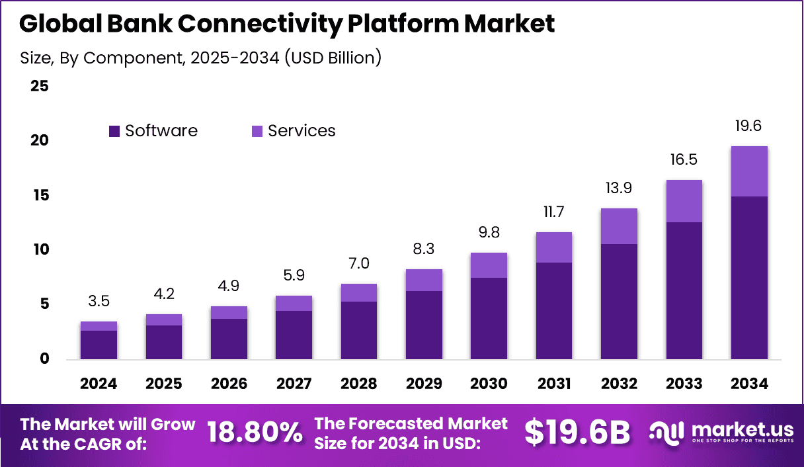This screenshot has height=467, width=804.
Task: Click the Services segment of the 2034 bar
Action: [749, 171]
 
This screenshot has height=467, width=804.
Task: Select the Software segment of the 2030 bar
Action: [489, 318]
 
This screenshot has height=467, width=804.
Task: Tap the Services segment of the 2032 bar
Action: [619, 226]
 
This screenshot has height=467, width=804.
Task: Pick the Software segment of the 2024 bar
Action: [99, 345]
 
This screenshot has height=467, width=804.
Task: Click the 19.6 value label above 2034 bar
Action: [749, 126]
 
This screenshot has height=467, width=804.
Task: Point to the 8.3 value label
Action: [423, 249]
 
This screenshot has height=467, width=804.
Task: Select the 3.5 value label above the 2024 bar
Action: [99, 302]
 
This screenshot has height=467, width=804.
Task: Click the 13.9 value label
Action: [619, 188]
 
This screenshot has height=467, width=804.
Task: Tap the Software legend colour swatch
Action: [114, 132]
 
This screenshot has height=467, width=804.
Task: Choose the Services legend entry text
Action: [301, 131]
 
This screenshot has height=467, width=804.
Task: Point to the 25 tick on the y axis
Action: [39, 86]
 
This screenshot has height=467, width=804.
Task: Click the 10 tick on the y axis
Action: [39, 249]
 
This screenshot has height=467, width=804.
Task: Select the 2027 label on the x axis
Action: [294, 384]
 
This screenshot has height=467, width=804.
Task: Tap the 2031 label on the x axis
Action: [554, 384]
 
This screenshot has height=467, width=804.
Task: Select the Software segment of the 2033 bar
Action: [684, 290]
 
